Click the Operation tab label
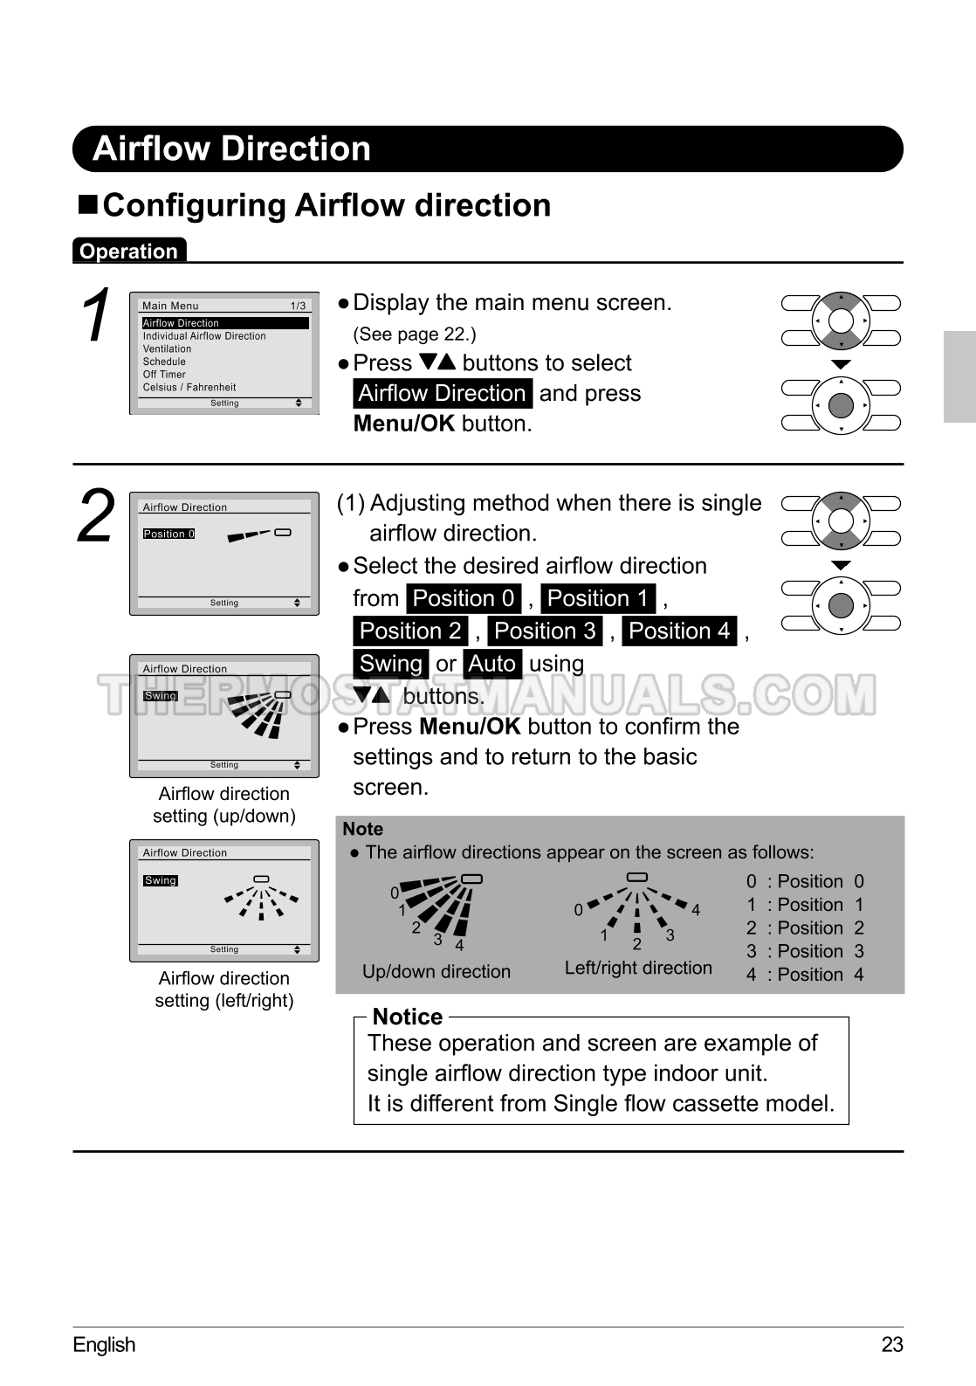[x=128, y=251]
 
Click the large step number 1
[x=96, y=314]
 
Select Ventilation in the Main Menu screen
[x=167, y=349]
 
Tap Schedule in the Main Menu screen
[x=164, y=362]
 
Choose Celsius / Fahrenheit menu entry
[x=189, y=388]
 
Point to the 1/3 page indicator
[x=298, y=306]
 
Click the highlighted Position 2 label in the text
[x=410, y=631]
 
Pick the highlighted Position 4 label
[x=679, y=631]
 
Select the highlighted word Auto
[x=492, y=663]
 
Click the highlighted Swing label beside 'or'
[x=391, y=663]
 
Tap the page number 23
[x=892, y=1345]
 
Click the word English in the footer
[x=104, y=1345]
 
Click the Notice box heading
[x=408, y=1017]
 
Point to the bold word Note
[x=363, y=829]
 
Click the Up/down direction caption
[x=436, y=971]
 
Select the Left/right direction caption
[x=638, y=968]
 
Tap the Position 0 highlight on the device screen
[x=168, y=534]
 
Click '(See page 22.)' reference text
[x=415, y=334]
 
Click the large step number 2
[x=96, y=514]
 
